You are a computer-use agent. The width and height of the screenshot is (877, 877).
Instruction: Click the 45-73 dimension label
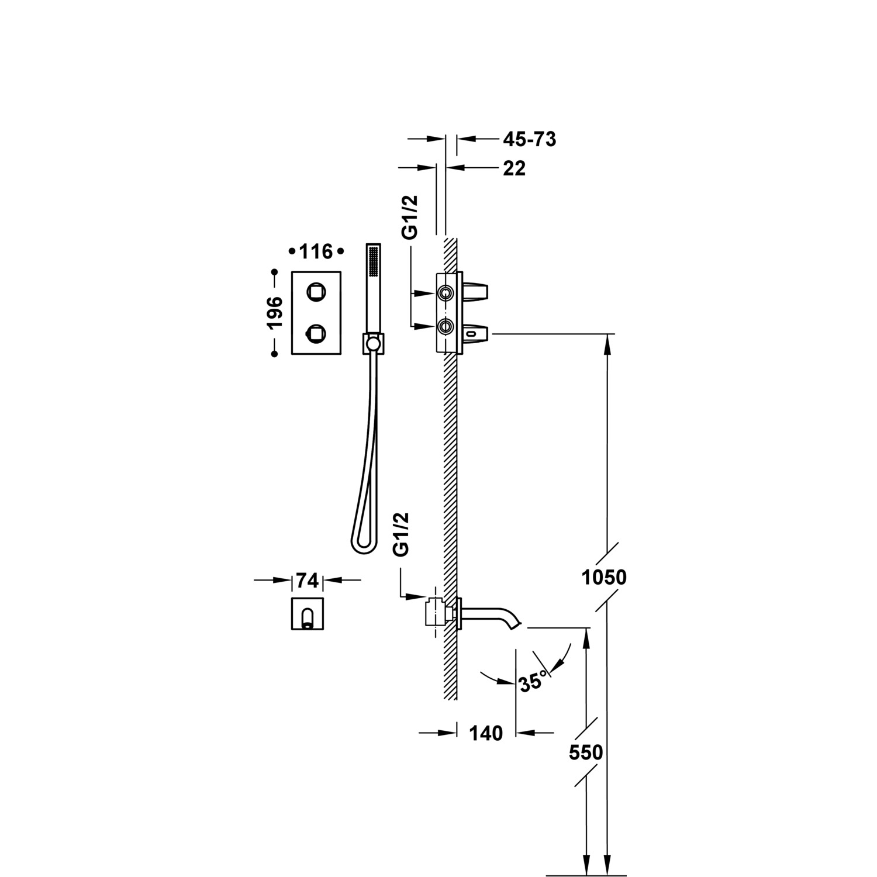(x=529, y=139)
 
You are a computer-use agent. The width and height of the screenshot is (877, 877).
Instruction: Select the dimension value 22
(x=515, y=168)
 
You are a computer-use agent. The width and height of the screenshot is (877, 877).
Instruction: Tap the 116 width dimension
(x=316, y=252)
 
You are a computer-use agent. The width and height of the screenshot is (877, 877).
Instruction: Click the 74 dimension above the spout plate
(x=308, y=581)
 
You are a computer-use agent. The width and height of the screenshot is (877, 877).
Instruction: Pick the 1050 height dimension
(x=604, y=578)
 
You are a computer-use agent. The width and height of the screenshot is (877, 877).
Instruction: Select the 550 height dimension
(x=586, y=752)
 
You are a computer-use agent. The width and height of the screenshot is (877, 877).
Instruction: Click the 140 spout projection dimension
(x=486, y=733)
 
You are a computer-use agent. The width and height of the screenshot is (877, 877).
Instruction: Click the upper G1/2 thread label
(x=411, y=217)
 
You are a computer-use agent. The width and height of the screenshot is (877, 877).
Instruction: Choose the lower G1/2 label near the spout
(x=401, y=534)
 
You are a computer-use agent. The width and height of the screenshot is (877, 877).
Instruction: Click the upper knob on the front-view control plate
(x=316, y=291)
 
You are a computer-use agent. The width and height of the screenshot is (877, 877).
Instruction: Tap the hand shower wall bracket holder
(x=372, y=343)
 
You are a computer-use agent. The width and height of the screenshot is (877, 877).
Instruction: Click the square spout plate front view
(x=308, y=613)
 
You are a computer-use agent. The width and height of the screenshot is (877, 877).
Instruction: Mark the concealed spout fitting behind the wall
(x=436, y=613)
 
